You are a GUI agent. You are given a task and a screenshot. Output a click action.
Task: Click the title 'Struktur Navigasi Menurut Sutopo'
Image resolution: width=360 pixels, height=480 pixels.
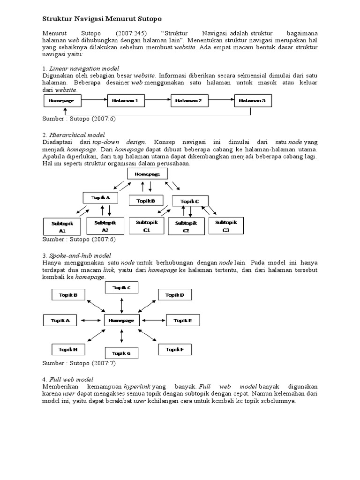[102, 19]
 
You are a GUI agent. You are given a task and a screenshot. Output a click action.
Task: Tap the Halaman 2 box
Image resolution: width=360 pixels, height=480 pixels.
[188, 100]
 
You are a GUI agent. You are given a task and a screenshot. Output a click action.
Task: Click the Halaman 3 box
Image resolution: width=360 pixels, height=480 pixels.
[252, 100]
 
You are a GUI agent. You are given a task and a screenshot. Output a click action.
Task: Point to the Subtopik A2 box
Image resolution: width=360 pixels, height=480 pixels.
[105, 225]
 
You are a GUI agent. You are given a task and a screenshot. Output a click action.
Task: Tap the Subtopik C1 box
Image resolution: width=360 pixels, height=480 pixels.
[146, 226]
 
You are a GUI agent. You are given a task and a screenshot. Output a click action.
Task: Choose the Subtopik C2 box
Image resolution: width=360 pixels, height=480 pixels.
[186, 227]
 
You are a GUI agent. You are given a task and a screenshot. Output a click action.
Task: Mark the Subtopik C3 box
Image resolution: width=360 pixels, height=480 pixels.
[226, 226]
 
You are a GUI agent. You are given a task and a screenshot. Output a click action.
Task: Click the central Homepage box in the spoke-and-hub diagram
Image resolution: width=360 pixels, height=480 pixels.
[121, 321]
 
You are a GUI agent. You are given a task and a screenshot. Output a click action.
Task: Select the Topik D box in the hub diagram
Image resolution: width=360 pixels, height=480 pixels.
[175, 295]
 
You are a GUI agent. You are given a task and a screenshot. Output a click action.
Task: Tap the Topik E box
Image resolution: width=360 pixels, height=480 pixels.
[182, 321]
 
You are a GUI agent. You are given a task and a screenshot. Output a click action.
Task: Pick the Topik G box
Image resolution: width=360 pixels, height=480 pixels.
[122, 353]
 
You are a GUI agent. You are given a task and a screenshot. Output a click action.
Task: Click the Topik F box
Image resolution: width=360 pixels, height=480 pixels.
[175, 349]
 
